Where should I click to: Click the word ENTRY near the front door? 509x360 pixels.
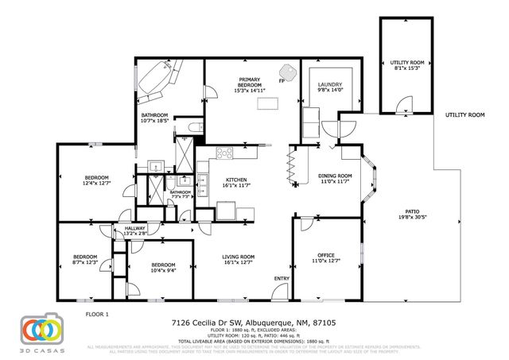[282, 278]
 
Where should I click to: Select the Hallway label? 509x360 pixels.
[135, 230]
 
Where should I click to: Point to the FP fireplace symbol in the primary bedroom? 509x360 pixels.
[281, 80]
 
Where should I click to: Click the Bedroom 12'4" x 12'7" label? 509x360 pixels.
[95, 181]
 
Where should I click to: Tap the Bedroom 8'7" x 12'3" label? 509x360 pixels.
[85, 259]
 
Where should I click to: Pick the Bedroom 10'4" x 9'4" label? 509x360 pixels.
[162, 267]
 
